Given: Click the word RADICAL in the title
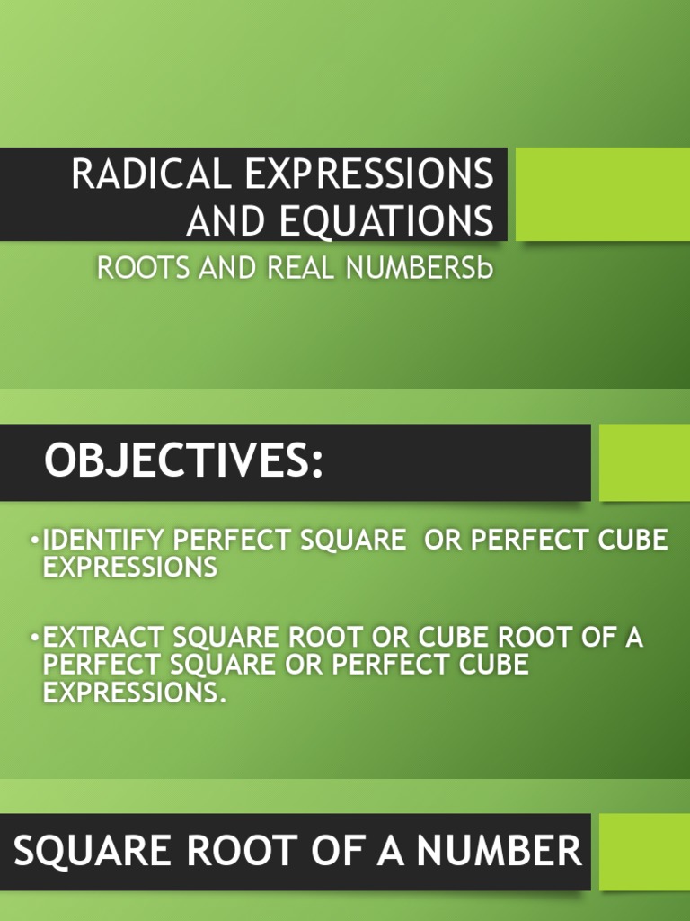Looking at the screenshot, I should [x=150, y=174].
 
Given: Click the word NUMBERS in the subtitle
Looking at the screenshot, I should [x=411, y=269].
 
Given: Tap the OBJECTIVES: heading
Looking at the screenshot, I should [x=183, y=462].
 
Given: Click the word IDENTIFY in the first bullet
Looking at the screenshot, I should [x=104, y=541].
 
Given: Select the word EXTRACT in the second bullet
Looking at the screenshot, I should [x=104, y=638].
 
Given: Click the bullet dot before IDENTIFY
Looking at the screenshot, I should [x=34, y=541].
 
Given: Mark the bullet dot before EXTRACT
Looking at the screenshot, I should [x=34, y=639].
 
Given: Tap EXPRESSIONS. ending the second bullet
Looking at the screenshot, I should [x=131, y=693].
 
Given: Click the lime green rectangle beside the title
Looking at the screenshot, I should [x=603, y=194].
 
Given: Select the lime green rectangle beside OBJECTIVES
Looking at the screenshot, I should [x=644, y=462].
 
